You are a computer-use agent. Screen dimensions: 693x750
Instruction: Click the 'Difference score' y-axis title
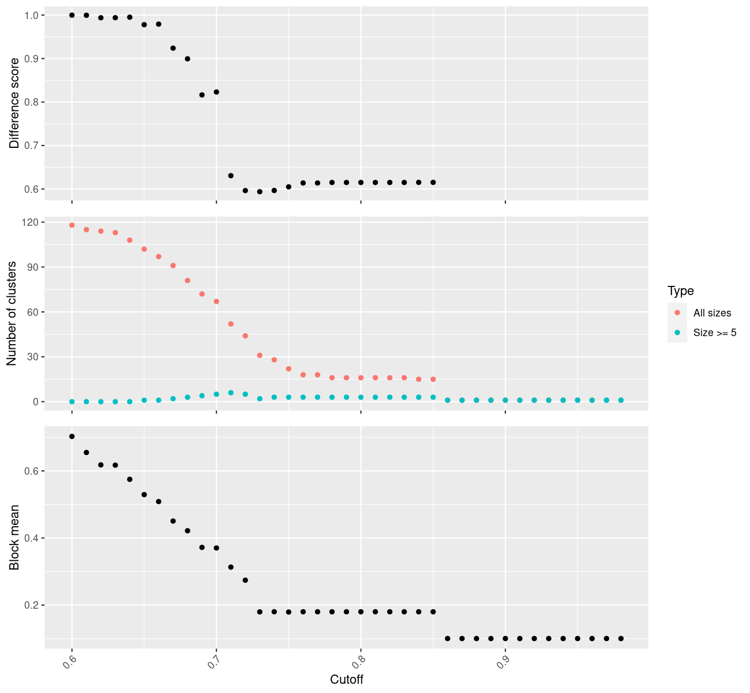14,103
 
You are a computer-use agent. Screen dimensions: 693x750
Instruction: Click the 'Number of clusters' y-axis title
12,314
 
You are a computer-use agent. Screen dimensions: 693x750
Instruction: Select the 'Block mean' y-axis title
14,538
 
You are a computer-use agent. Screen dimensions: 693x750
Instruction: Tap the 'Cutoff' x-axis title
347,680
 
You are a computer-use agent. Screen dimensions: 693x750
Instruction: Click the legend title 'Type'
680,291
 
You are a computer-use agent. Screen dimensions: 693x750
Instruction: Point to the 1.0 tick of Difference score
31,15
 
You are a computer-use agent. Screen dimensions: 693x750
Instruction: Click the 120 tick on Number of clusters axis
29,222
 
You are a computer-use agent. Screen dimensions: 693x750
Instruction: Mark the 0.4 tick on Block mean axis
31,538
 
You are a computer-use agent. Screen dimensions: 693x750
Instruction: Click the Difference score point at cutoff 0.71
231,176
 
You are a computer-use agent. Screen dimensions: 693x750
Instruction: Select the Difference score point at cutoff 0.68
187,59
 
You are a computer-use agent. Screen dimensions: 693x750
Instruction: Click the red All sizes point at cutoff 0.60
72,225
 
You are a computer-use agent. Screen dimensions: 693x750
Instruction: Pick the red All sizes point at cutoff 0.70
216,301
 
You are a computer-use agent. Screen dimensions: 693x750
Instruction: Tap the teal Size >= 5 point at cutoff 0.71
231,393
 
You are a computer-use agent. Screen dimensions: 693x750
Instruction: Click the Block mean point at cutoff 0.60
72,437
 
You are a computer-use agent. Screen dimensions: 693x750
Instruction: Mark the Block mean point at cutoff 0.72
245,580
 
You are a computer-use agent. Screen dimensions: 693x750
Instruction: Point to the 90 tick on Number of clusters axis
31,267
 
